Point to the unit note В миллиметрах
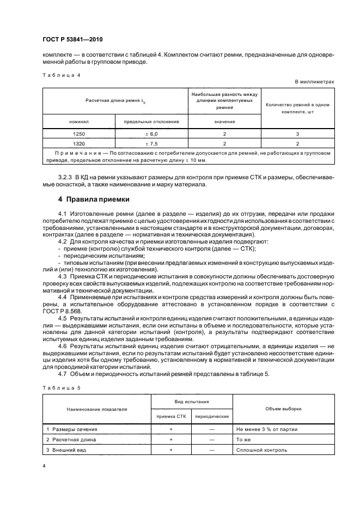(315, 82)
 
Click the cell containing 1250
(79, 133)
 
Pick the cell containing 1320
(79, 144)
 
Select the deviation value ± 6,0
(151, 133)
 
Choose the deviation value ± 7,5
(151, 144)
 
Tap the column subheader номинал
(79, 122)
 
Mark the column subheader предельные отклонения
(151, 122)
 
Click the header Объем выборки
(283, 408)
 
